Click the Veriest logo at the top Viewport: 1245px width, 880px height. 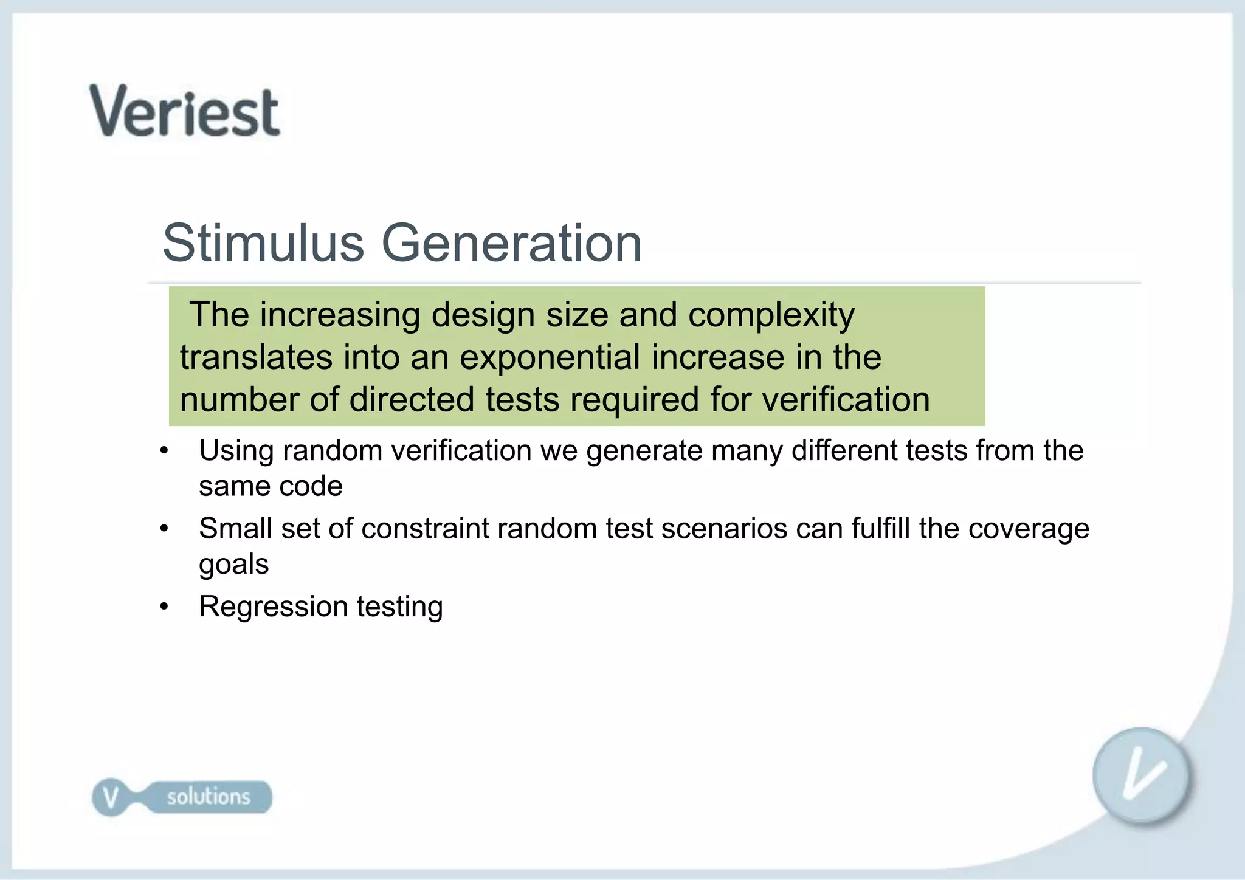pyautogui.click(x=185, y=111)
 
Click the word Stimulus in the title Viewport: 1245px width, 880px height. pyautogui.click(x=263, y=243)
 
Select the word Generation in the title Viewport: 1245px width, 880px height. pyautogui.click(x=511, y=243)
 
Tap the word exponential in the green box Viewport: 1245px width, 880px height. pyautogui.click(x=550, y=357)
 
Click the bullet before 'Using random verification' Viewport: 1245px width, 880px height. pyautogui.click(x=164, y=452)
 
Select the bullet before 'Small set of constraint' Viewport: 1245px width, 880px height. pyautogui.click(x=164, y=529)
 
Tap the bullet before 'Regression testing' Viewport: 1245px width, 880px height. pyautogui.click(x=164, y=607)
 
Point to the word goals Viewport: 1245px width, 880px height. pyautogui.click(x=233, y=565)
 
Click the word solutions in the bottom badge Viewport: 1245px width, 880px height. pyautogui.click(x=209, y=797)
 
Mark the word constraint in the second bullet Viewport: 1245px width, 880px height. pyautogui.click(x=424, y=528)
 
